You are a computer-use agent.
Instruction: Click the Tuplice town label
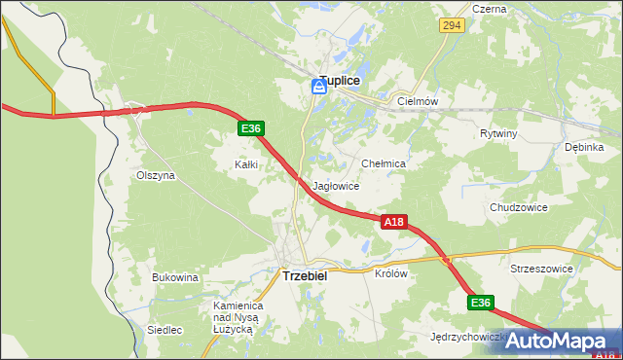coord(343,83)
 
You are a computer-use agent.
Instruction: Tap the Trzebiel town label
coord(305,275)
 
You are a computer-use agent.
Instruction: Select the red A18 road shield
coord(392,223)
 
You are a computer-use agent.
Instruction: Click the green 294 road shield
coord(450,26)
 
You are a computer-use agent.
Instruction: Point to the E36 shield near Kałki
coord(250,128)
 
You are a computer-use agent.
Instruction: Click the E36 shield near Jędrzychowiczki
coord(480,304)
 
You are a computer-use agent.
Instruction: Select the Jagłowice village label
coord(337,186)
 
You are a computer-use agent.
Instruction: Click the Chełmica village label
coord(383,164)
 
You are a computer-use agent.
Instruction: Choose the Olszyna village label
coord(156,176)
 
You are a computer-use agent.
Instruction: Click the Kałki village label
coord(246,164)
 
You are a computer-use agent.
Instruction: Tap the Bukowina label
coord(175,277)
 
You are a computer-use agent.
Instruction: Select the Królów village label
coord(390,273)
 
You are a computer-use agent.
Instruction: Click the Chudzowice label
coord(519,207)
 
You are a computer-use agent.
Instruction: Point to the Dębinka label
coord(584,147)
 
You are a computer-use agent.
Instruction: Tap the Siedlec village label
coord(165,330)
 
